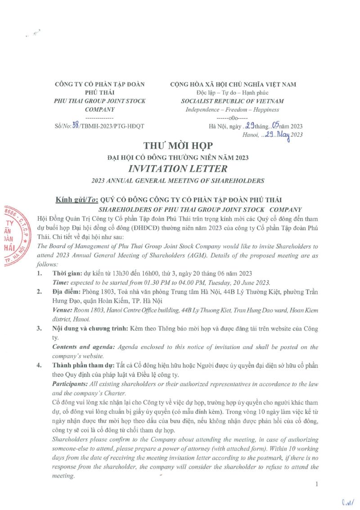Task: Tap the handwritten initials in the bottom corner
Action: click(347, 501)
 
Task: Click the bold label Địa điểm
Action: click(65, 292)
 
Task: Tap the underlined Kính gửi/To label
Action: click(75, 200)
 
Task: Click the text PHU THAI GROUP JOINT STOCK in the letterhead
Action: click(99, 101)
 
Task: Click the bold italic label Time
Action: click(61, 283)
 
